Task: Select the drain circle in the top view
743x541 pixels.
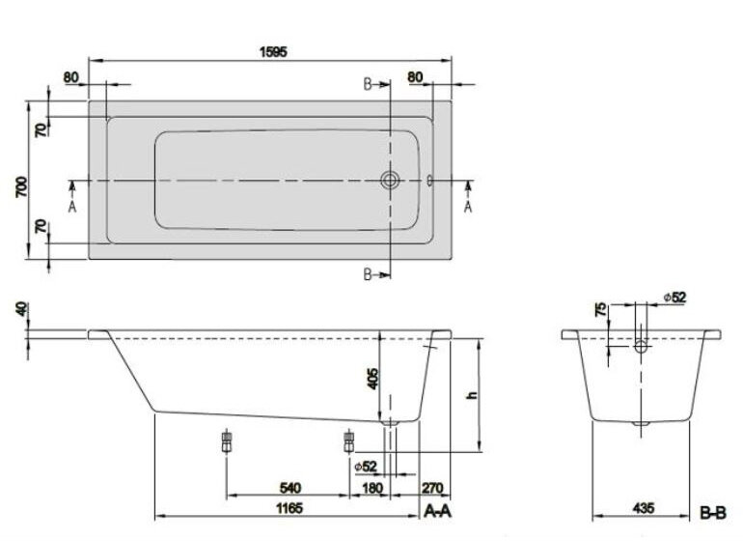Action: point(391,180)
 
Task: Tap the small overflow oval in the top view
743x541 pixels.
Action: point(429,180)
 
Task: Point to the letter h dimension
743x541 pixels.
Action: point(472,394)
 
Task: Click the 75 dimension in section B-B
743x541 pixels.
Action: point(601,311)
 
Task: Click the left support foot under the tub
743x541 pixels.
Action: point(226,442)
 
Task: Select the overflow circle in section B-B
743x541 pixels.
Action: point(642,344)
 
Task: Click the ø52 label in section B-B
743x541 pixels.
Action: point(674,297)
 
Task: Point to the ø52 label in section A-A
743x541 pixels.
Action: point(365,468)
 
